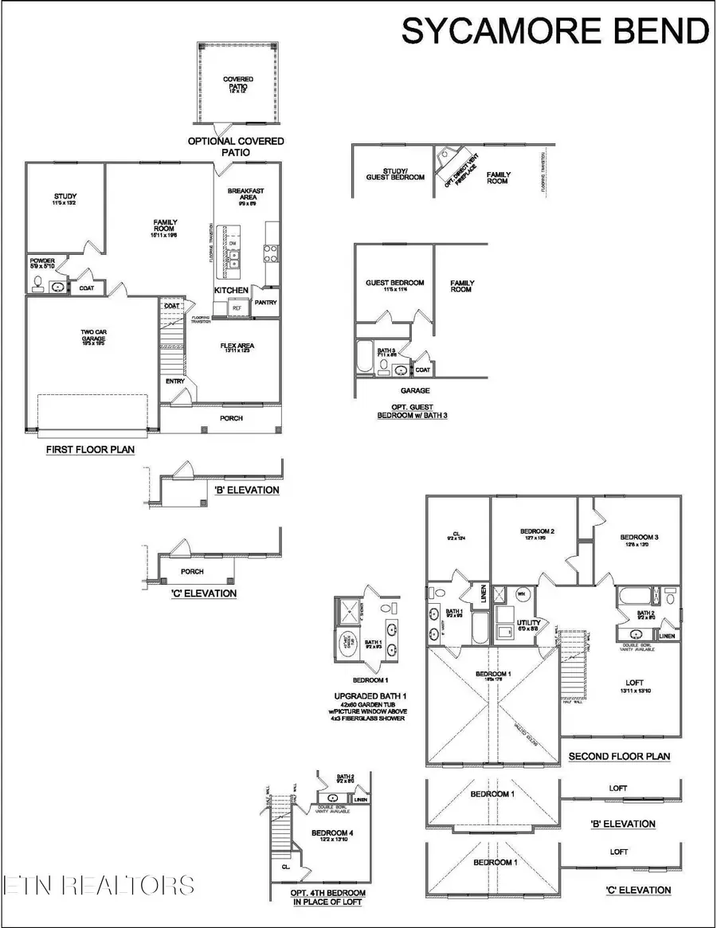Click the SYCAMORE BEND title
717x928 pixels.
(x=554, y=31)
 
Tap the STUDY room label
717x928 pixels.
(x=65, y=197)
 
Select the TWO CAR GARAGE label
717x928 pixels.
(x=92, y=335)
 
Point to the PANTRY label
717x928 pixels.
(x=264, y=303)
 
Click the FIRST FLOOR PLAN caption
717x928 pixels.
(x=89, y=450)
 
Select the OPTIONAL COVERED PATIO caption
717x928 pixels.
(x=236, y=147)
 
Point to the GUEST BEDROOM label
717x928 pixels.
(x=394, y=283)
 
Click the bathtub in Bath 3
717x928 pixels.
(x=364, y=359)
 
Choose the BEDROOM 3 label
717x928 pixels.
(x=639, y=537)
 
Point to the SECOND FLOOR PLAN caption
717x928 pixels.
(x=619, y=756)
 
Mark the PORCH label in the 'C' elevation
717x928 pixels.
(x=192, y=571)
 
